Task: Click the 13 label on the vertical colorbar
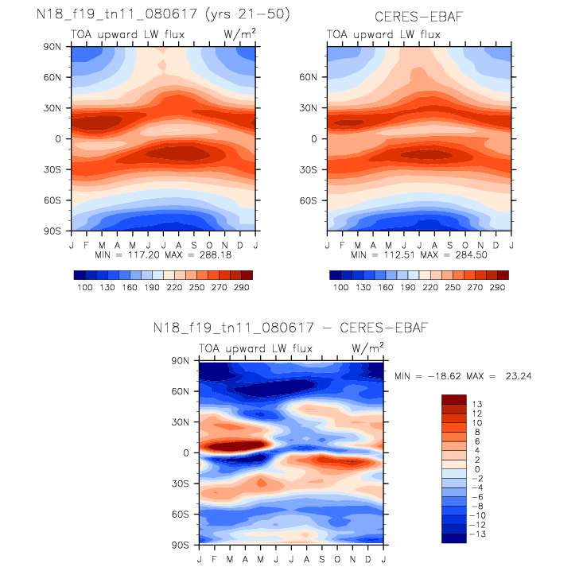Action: click(x=475, y=403)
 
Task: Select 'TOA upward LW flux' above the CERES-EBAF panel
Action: click(x=383, y=34)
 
